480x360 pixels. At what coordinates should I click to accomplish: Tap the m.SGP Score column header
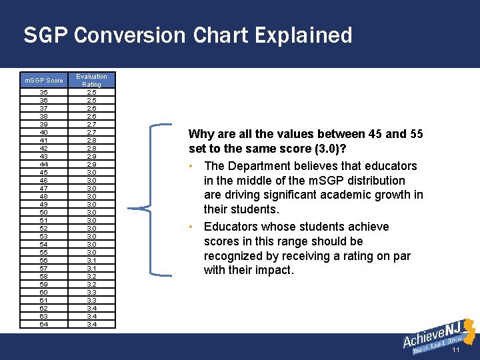click(x=44, y=81)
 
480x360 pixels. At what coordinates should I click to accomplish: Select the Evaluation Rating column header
click(x=91, y=81)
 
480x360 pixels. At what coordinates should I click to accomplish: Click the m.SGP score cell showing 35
click(x=44, y=93)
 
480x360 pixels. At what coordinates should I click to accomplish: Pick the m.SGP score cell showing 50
click(x=44, y=213)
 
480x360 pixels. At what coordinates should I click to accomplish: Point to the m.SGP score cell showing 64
click(x=44, y=325)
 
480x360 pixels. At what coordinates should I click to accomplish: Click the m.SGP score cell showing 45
click(x=44, y=173)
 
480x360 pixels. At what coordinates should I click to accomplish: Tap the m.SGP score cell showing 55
click(x=44, y=253)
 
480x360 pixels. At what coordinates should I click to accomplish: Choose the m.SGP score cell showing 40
click(x=44, y=133)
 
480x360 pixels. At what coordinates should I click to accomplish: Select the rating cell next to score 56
click(x=91, y=261)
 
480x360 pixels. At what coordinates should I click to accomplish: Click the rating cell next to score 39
click(x=91, y=125)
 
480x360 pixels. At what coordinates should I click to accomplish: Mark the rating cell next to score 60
click(x=91, y=293)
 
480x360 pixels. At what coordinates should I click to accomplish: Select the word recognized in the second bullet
click(x=237, y=256)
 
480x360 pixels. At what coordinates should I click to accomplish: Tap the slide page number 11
click(x=456, y=350)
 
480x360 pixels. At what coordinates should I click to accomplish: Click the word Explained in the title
click(x=288, y=35)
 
